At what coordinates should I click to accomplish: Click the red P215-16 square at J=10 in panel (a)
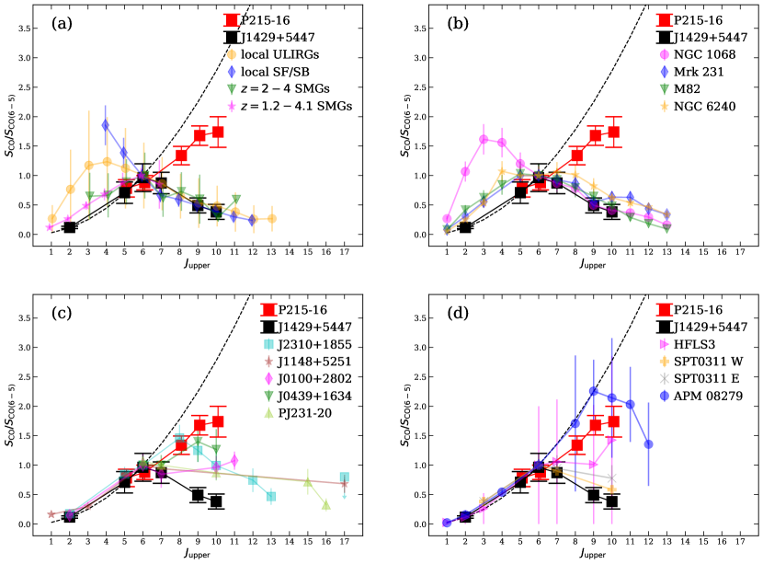pyautogui.click(x=217, y=132)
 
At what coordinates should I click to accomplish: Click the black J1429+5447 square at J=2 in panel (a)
pyautogui.click(x=70, y=227)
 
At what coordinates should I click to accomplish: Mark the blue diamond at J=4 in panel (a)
pyautogui.click(x=106, y=125)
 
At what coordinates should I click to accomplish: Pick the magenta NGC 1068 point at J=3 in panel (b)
pyautogui.click(x=483, y=139)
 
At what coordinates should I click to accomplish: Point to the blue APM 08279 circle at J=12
pyautogui.click(x=648, y=443)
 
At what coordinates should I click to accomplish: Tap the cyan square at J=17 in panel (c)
pyautogui.click(x=344, y=478)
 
